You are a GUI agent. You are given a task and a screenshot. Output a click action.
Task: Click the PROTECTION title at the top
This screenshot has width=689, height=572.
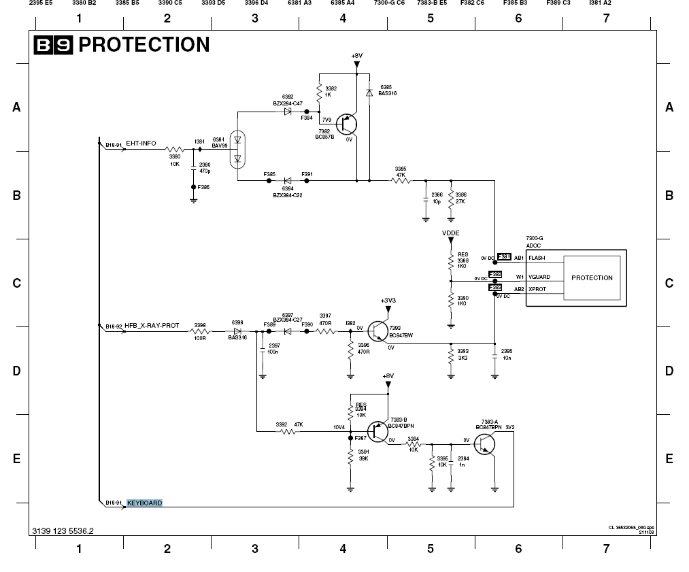(144, 45)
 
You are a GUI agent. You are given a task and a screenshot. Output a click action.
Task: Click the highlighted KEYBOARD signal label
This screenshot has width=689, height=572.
(144, 503)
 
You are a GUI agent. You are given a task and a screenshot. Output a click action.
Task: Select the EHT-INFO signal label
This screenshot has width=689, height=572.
(141, 144)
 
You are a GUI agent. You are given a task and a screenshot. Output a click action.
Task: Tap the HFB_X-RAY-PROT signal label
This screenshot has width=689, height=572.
(152, 326)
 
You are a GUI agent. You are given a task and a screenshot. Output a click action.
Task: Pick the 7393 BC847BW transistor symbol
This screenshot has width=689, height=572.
(377, 331)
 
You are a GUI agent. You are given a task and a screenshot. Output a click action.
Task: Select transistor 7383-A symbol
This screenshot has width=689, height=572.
(485, 443)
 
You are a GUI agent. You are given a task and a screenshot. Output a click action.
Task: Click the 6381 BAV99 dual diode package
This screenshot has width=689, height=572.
(237, 150)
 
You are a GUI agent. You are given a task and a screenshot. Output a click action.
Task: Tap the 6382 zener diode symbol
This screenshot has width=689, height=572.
(288, 112)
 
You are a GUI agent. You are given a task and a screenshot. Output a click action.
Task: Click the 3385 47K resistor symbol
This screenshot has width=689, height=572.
(400, 181)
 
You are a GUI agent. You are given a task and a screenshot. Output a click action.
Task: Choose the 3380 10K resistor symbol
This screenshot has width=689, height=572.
(175, 149)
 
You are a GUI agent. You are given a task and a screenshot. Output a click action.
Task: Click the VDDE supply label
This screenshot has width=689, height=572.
(450, 233)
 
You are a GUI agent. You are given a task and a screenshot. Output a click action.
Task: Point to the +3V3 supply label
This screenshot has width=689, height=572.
(388, 300)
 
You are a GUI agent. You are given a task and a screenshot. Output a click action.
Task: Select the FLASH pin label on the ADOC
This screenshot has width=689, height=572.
(537, 258)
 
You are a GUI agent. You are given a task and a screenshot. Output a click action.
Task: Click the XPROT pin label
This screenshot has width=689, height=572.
(537, 289)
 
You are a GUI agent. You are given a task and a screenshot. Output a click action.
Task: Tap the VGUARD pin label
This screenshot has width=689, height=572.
(539, 277)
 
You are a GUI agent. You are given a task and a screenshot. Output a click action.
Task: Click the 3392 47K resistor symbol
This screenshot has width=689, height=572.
(289, 431)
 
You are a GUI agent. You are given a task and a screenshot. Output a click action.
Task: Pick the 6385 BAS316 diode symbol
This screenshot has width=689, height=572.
(369, 93)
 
